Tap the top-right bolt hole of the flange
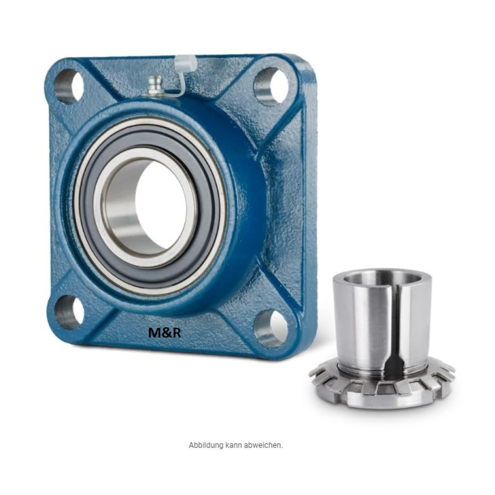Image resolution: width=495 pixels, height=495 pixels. point(271,86)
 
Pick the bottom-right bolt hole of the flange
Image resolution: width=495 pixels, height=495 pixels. point(271,328)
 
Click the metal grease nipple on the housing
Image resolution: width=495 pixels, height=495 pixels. point(155,85)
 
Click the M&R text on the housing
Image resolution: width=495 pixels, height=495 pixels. point(164,333)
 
